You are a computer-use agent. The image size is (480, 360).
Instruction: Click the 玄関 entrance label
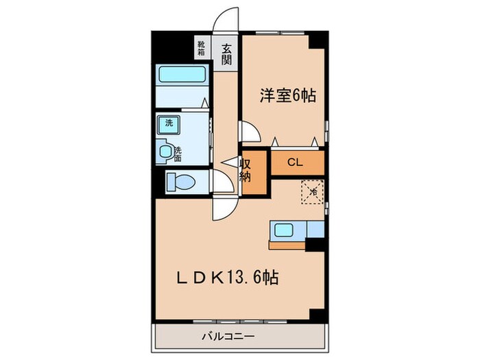(226, 52)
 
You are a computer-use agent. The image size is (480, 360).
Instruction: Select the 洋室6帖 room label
(287, 97)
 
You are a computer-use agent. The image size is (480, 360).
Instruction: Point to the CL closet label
(295, 163)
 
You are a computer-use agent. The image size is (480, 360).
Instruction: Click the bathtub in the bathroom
(182, 75)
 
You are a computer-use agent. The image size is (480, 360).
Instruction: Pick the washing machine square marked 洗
(168, 124)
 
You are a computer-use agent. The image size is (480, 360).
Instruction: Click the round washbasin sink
(165, 151)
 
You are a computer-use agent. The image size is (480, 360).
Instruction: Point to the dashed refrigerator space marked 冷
(311, 191)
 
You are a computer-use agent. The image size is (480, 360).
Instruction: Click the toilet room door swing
(221, 182)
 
